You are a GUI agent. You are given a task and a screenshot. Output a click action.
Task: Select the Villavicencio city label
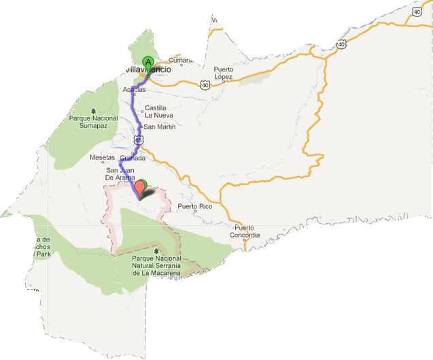155,70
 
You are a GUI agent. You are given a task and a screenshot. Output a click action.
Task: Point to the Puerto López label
224,73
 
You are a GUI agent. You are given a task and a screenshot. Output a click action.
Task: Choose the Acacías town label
135,90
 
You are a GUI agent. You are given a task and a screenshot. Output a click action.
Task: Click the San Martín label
160,127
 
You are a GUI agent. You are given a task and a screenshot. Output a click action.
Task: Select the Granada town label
133,158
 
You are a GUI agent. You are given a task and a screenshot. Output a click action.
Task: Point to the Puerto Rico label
195,206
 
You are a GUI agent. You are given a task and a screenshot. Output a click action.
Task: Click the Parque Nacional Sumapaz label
94,122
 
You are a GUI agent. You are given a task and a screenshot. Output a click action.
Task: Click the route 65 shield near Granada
138,140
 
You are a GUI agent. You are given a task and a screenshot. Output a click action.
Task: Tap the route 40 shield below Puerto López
205,85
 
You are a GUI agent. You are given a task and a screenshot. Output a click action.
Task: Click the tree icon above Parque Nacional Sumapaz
94,110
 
